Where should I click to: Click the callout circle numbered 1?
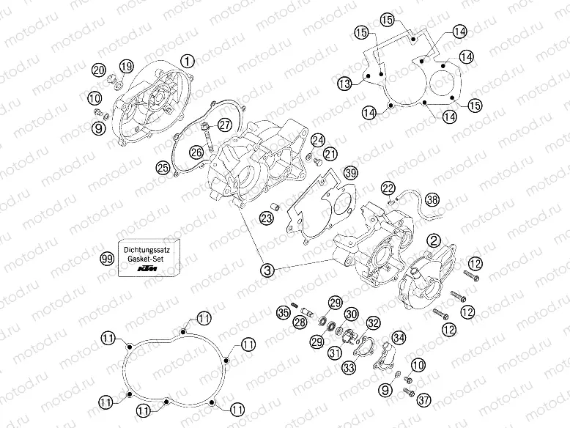point(188,61)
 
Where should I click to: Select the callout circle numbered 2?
point(434,240)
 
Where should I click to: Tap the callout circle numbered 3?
point(267,270)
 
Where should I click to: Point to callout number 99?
point(107,259)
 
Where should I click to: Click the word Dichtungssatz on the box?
point(147,250)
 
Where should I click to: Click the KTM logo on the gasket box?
point(147,269)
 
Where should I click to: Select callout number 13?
point(344,84)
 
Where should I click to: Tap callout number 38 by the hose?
point(432,199)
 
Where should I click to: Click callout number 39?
point(351,173)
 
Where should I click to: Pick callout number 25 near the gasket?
point(163,168)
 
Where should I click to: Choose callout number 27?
point(225,125)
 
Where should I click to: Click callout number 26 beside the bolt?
point(196,152)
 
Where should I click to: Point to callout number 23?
point(266,218)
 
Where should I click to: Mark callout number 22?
point(388,188)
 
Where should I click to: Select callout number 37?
point(423,400)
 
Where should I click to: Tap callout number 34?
point(399,338)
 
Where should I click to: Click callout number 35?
point(284,312)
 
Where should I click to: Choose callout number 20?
point(98,70)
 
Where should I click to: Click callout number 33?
point(349,368)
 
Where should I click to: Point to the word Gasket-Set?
point(147,259)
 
